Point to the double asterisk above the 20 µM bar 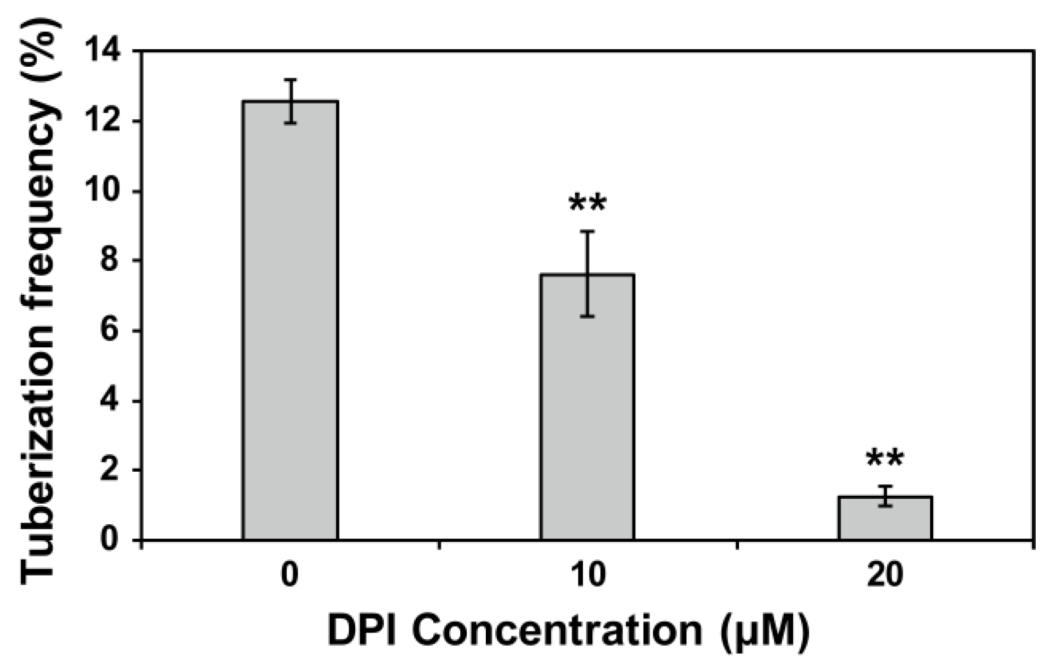pyautogui.click(x=885, y=459)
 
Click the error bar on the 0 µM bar pyautogui.click(x=290, y=101)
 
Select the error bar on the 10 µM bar pyautogui.click(x=588, y=274)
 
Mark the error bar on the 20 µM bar pyautogui.click(x=885, y=496)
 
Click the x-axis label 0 pyautogui.click(x=290, y=575)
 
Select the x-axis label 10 pyautogui.click(x=588, y=575)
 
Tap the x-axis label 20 pyautogui.click(x=885, y=575)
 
